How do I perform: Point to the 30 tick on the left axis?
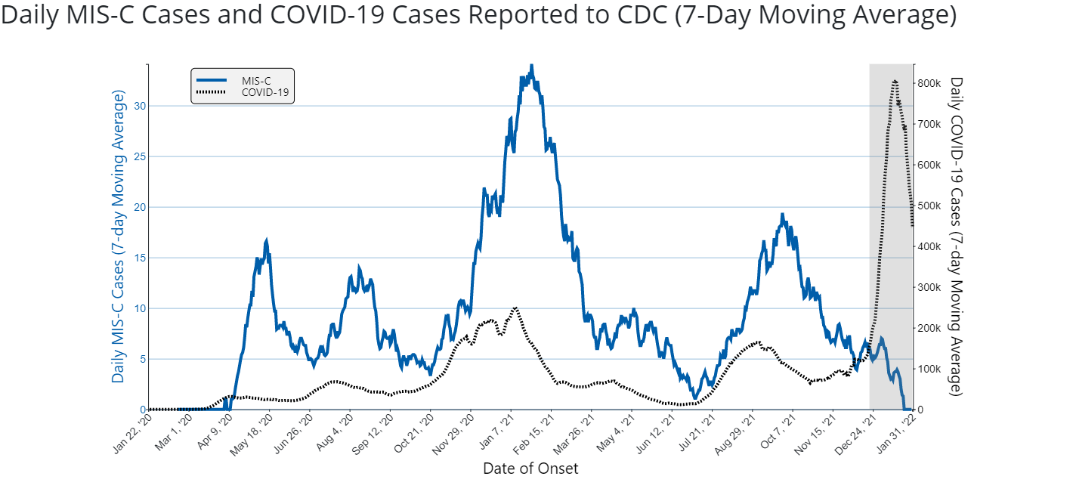(139, 106)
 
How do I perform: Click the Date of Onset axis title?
(530, 469)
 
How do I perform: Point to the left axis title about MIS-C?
(119, 236)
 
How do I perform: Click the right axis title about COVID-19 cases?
(957, 236)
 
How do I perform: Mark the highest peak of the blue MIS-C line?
(531, 66)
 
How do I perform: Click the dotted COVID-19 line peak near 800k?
(895, 80)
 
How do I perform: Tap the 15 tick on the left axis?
(139, 258)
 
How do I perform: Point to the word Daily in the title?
(28, 15)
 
